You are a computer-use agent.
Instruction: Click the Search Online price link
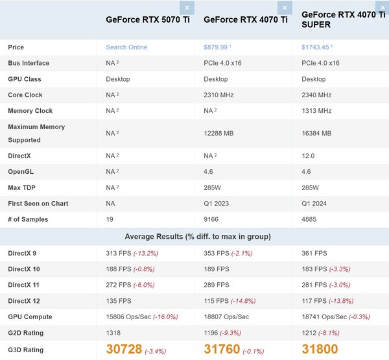pos(126,47)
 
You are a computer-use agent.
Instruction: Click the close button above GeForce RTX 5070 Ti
pos(187,8)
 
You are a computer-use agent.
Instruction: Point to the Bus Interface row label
pos(29,63)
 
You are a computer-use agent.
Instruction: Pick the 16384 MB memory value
pos(316,133)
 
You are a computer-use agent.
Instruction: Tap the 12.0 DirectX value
pos(308,156)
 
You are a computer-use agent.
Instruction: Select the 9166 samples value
pos(212,219)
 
